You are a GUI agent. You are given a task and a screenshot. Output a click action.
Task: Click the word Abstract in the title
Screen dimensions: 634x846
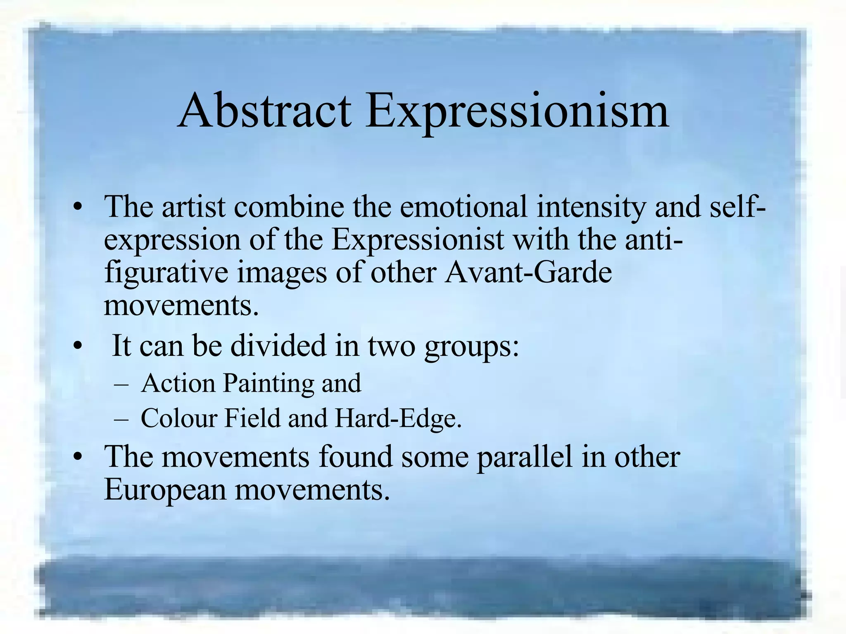click(264, 111)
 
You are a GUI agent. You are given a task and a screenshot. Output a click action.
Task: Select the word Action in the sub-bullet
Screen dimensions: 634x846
click(178, 383)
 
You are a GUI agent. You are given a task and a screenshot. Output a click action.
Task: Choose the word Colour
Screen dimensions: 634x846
click(179, 418)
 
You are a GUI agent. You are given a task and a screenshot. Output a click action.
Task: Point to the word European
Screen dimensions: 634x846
click(165, 490)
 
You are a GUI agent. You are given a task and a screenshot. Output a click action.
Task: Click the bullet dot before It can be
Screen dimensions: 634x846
click(77, 346)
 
